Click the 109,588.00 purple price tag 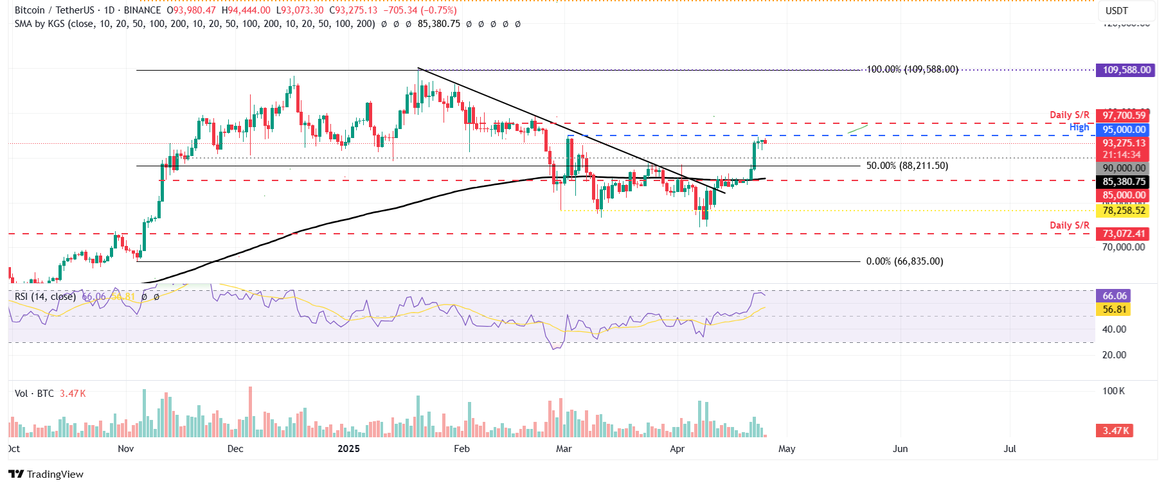pos(1126,70)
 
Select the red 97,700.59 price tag pos(1124,116)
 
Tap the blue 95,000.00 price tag pos(1124,130)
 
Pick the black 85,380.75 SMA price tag pos(1124,182)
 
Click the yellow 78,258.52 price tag pos(1124,211)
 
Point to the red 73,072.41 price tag pos(1124,234)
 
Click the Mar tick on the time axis pos(564,449)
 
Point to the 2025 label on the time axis pos(349,449)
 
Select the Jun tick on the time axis pos(900,449)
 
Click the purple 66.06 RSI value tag pos(1115,296)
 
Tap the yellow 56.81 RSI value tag pos(1115,309)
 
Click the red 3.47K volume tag pos(1115,431)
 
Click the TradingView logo pos(46,475)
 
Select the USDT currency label pos(1117,10)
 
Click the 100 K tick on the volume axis pos(1113,391)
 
